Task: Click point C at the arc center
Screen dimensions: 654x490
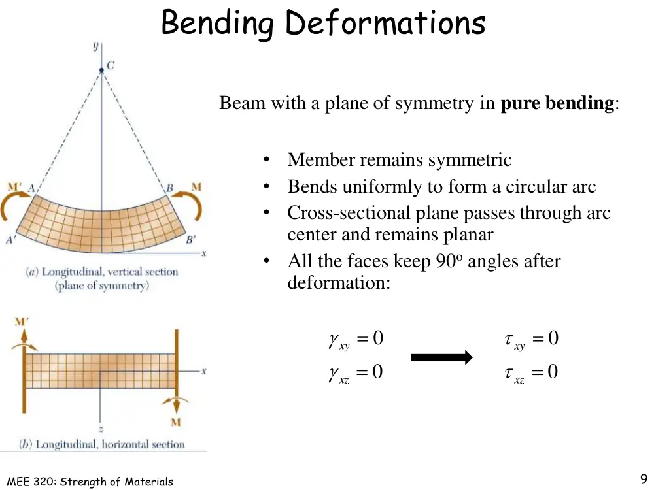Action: pyautogui.click(x=101, y=71)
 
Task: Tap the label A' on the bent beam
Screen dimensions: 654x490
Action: pyautogui.click(x=10, y=240)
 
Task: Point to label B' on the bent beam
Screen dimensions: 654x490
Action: pyautogui.click(x=190, y=240)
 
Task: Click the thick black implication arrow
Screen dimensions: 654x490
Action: pyautogui.click(x=441, y=357)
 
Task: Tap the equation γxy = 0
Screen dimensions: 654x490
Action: pyautogui.click(x=356, y=339)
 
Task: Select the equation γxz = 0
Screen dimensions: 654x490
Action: pyautogui.click(x=356, y=373)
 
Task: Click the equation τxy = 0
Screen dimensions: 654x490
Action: pyautogui.click(x=531, y=339)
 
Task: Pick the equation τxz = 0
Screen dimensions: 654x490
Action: pyautogui.click(x=531, y=373)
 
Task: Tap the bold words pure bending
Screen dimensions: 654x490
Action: pyautogui.click(x=557, y=103)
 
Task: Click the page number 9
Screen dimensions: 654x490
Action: pyautogui.click(x=644, y=478)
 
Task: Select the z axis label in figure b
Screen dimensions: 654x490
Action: pyautogui.click(x=101, y=429)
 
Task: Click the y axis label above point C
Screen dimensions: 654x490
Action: pyautogui.click(x=96, y=46)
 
